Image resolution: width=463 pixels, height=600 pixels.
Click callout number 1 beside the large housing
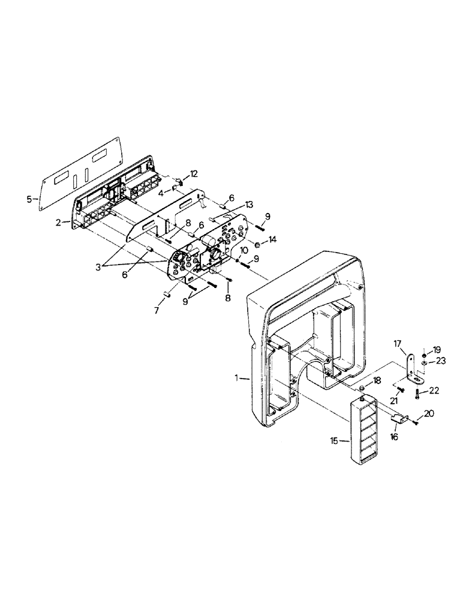click(238, 378)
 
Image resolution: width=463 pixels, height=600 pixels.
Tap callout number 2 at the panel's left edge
click(58, 222)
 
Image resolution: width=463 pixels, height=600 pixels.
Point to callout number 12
click(193, 174)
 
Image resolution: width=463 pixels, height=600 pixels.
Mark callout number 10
click(244, 249)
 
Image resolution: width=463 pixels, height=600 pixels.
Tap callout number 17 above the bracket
click(397, 344)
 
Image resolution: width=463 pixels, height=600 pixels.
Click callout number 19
click(437, 350)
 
